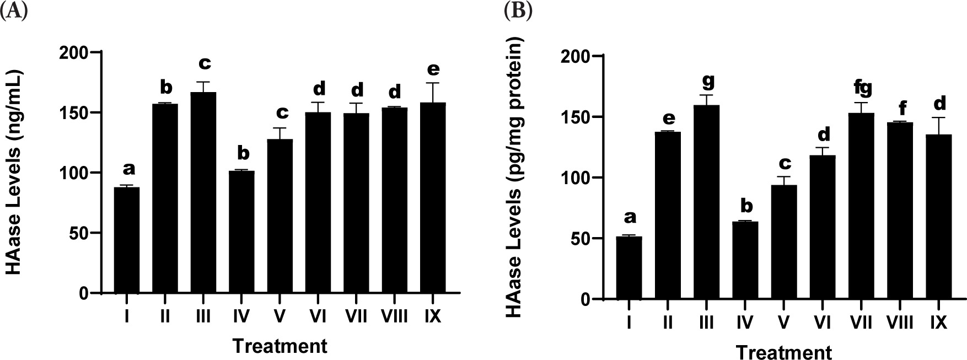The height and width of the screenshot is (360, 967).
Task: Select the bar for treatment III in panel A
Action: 203,193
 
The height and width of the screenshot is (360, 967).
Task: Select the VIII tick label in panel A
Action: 395,317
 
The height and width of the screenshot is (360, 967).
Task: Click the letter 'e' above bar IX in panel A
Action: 433,69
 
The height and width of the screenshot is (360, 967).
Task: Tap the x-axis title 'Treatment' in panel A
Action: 280,346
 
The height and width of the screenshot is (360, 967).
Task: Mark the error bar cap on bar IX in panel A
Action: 433,83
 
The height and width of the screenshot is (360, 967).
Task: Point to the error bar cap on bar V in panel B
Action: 783,177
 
